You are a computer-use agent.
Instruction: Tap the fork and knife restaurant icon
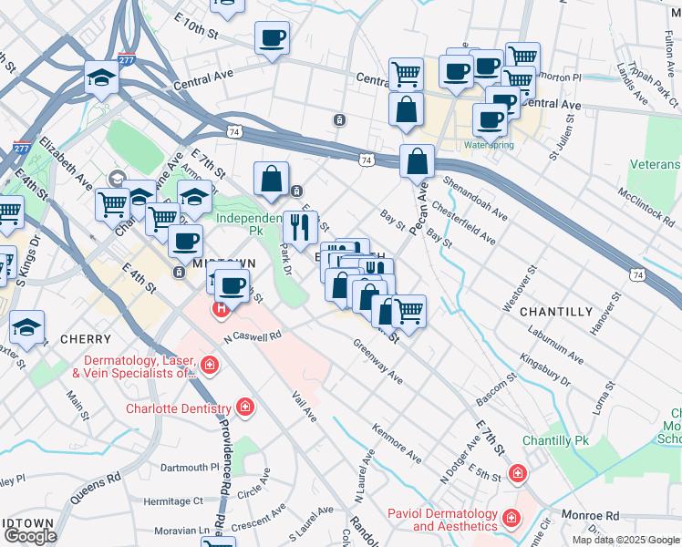[x=300, y=225]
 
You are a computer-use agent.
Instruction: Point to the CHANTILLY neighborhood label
[x=556, y=312]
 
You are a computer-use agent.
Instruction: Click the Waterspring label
[x=489, y=145]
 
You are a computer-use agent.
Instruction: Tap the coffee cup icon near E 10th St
[x=273, y=38]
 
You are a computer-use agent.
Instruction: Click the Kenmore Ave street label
[x=397, y=442]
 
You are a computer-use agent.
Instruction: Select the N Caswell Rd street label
[x=253, y=336]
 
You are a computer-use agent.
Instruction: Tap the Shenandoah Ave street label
[x=474, y=197]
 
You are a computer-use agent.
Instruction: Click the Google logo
[x=30, y=536]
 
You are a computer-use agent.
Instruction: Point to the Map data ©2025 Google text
[x=625, y=540]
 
